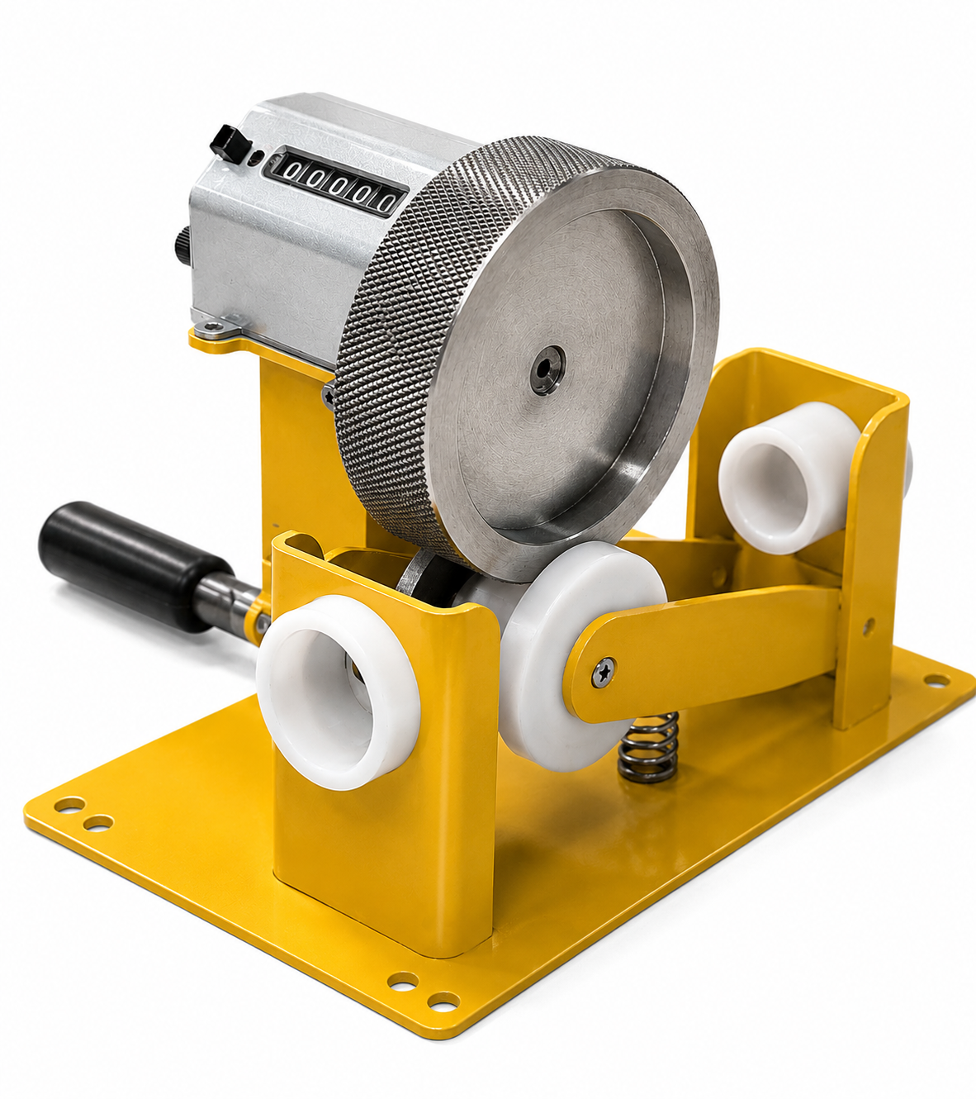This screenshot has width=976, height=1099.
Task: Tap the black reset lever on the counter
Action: coord(231,142)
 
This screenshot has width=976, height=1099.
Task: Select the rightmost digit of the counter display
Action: coord(386,202)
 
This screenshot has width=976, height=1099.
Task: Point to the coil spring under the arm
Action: coord(649,749)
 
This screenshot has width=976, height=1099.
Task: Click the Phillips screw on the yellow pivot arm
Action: coord(604,672)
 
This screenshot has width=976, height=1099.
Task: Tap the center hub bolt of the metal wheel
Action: coord(547,370)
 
